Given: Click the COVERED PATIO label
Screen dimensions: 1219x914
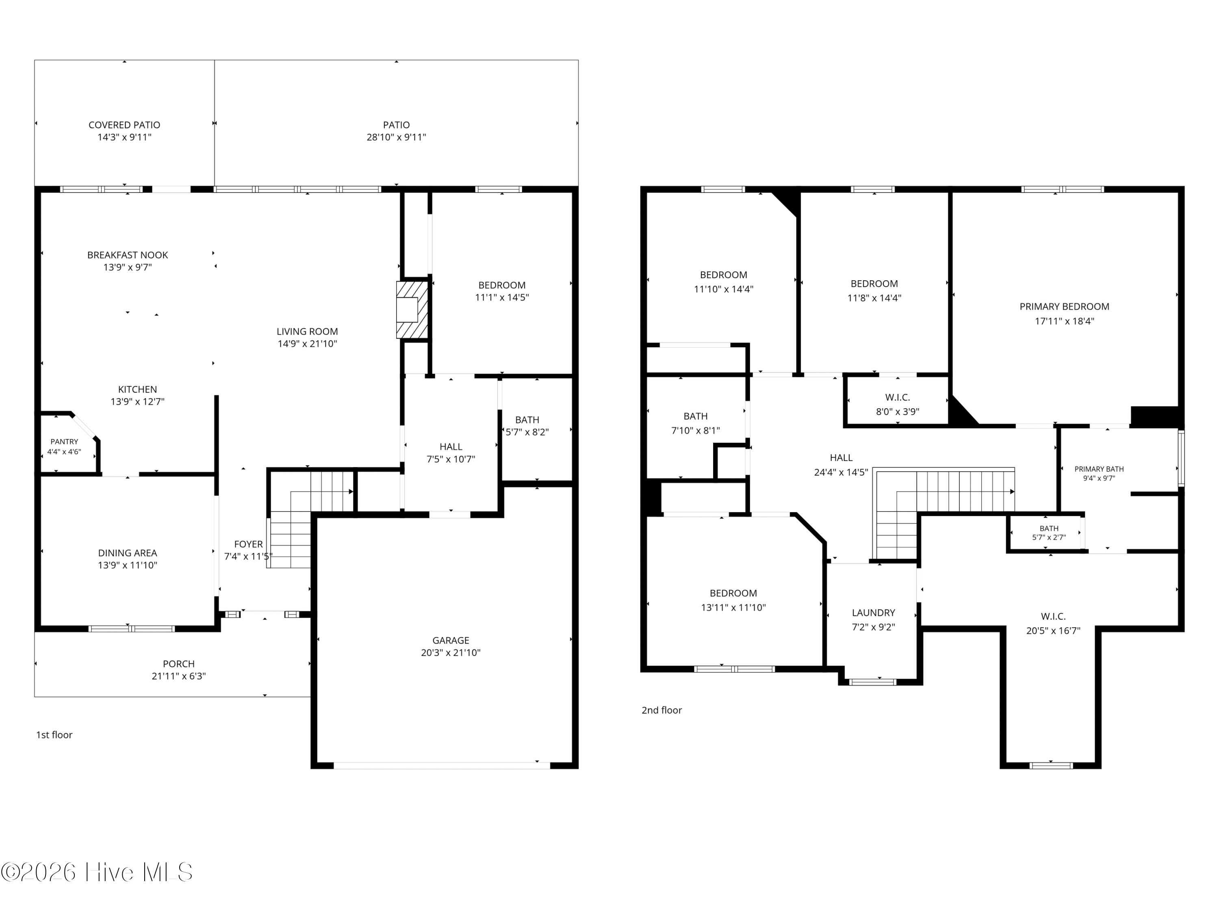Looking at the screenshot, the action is coord(125,125).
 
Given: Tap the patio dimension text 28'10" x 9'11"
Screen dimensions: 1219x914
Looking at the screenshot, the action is coord(396,137).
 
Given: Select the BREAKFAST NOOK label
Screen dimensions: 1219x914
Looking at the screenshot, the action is coord(127,255).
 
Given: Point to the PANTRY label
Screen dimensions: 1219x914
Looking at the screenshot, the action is coord(65,442).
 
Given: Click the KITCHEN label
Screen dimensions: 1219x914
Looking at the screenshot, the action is coord(137,390).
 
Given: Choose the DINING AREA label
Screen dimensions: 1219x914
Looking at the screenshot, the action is coord(127,553).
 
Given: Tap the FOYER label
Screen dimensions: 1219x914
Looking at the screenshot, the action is coord(249,544).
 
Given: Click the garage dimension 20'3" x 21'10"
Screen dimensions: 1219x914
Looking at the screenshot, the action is coord(451,653).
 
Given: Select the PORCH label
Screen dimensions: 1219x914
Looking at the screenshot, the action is coord(178,664).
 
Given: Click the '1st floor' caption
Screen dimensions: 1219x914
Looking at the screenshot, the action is coord(54,735).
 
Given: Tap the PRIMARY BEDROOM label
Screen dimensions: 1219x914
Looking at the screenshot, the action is coord(1064,307).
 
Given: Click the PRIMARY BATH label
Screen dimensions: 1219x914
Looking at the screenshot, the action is coord(1099,470).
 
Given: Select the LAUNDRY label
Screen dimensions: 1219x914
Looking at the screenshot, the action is coord(874,613).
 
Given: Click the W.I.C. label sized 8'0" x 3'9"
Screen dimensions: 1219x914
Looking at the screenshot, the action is coord(897,397).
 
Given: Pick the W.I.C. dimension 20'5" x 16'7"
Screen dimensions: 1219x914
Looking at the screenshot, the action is coord(1053,631).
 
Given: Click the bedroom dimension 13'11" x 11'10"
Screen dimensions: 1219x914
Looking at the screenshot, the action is coord(733,608).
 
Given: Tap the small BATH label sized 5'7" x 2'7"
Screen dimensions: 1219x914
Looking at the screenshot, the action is coord(1049,529).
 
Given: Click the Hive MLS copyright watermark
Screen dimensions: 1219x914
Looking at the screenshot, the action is coord(97,872).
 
